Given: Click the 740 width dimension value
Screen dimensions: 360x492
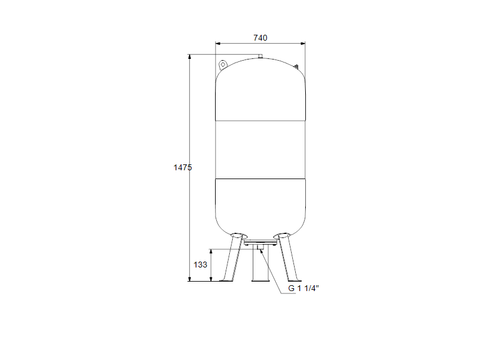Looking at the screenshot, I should coord(260,38).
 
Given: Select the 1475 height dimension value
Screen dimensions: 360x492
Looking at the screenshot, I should coord(182,167).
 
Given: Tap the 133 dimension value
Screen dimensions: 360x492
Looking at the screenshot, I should coord(201,265).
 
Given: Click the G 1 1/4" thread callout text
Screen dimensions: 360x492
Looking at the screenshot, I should coord(303,288).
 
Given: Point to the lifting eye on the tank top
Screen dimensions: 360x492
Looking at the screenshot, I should coord(223,64).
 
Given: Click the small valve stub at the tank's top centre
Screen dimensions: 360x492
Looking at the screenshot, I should coord(259,57).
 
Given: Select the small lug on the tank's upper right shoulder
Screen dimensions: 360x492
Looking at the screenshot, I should coord(298,66).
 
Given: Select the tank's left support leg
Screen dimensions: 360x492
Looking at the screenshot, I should coord(232,259).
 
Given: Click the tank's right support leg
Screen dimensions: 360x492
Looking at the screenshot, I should coord(288,259).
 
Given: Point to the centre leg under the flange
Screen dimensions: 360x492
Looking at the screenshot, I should coord(259,268).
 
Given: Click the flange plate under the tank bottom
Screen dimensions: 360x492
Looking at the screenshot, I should coord(259,243).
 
